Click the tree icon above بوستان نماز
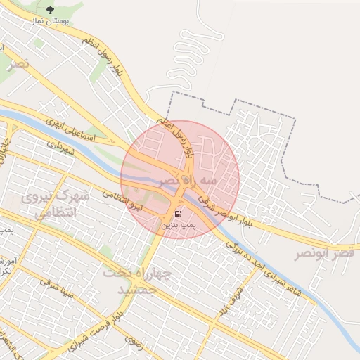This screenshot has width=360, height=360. (50, 10)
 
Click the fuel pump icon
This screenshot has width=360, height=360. (178, 213)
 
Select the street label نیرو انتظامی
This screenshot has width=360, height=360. (122, 199)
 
